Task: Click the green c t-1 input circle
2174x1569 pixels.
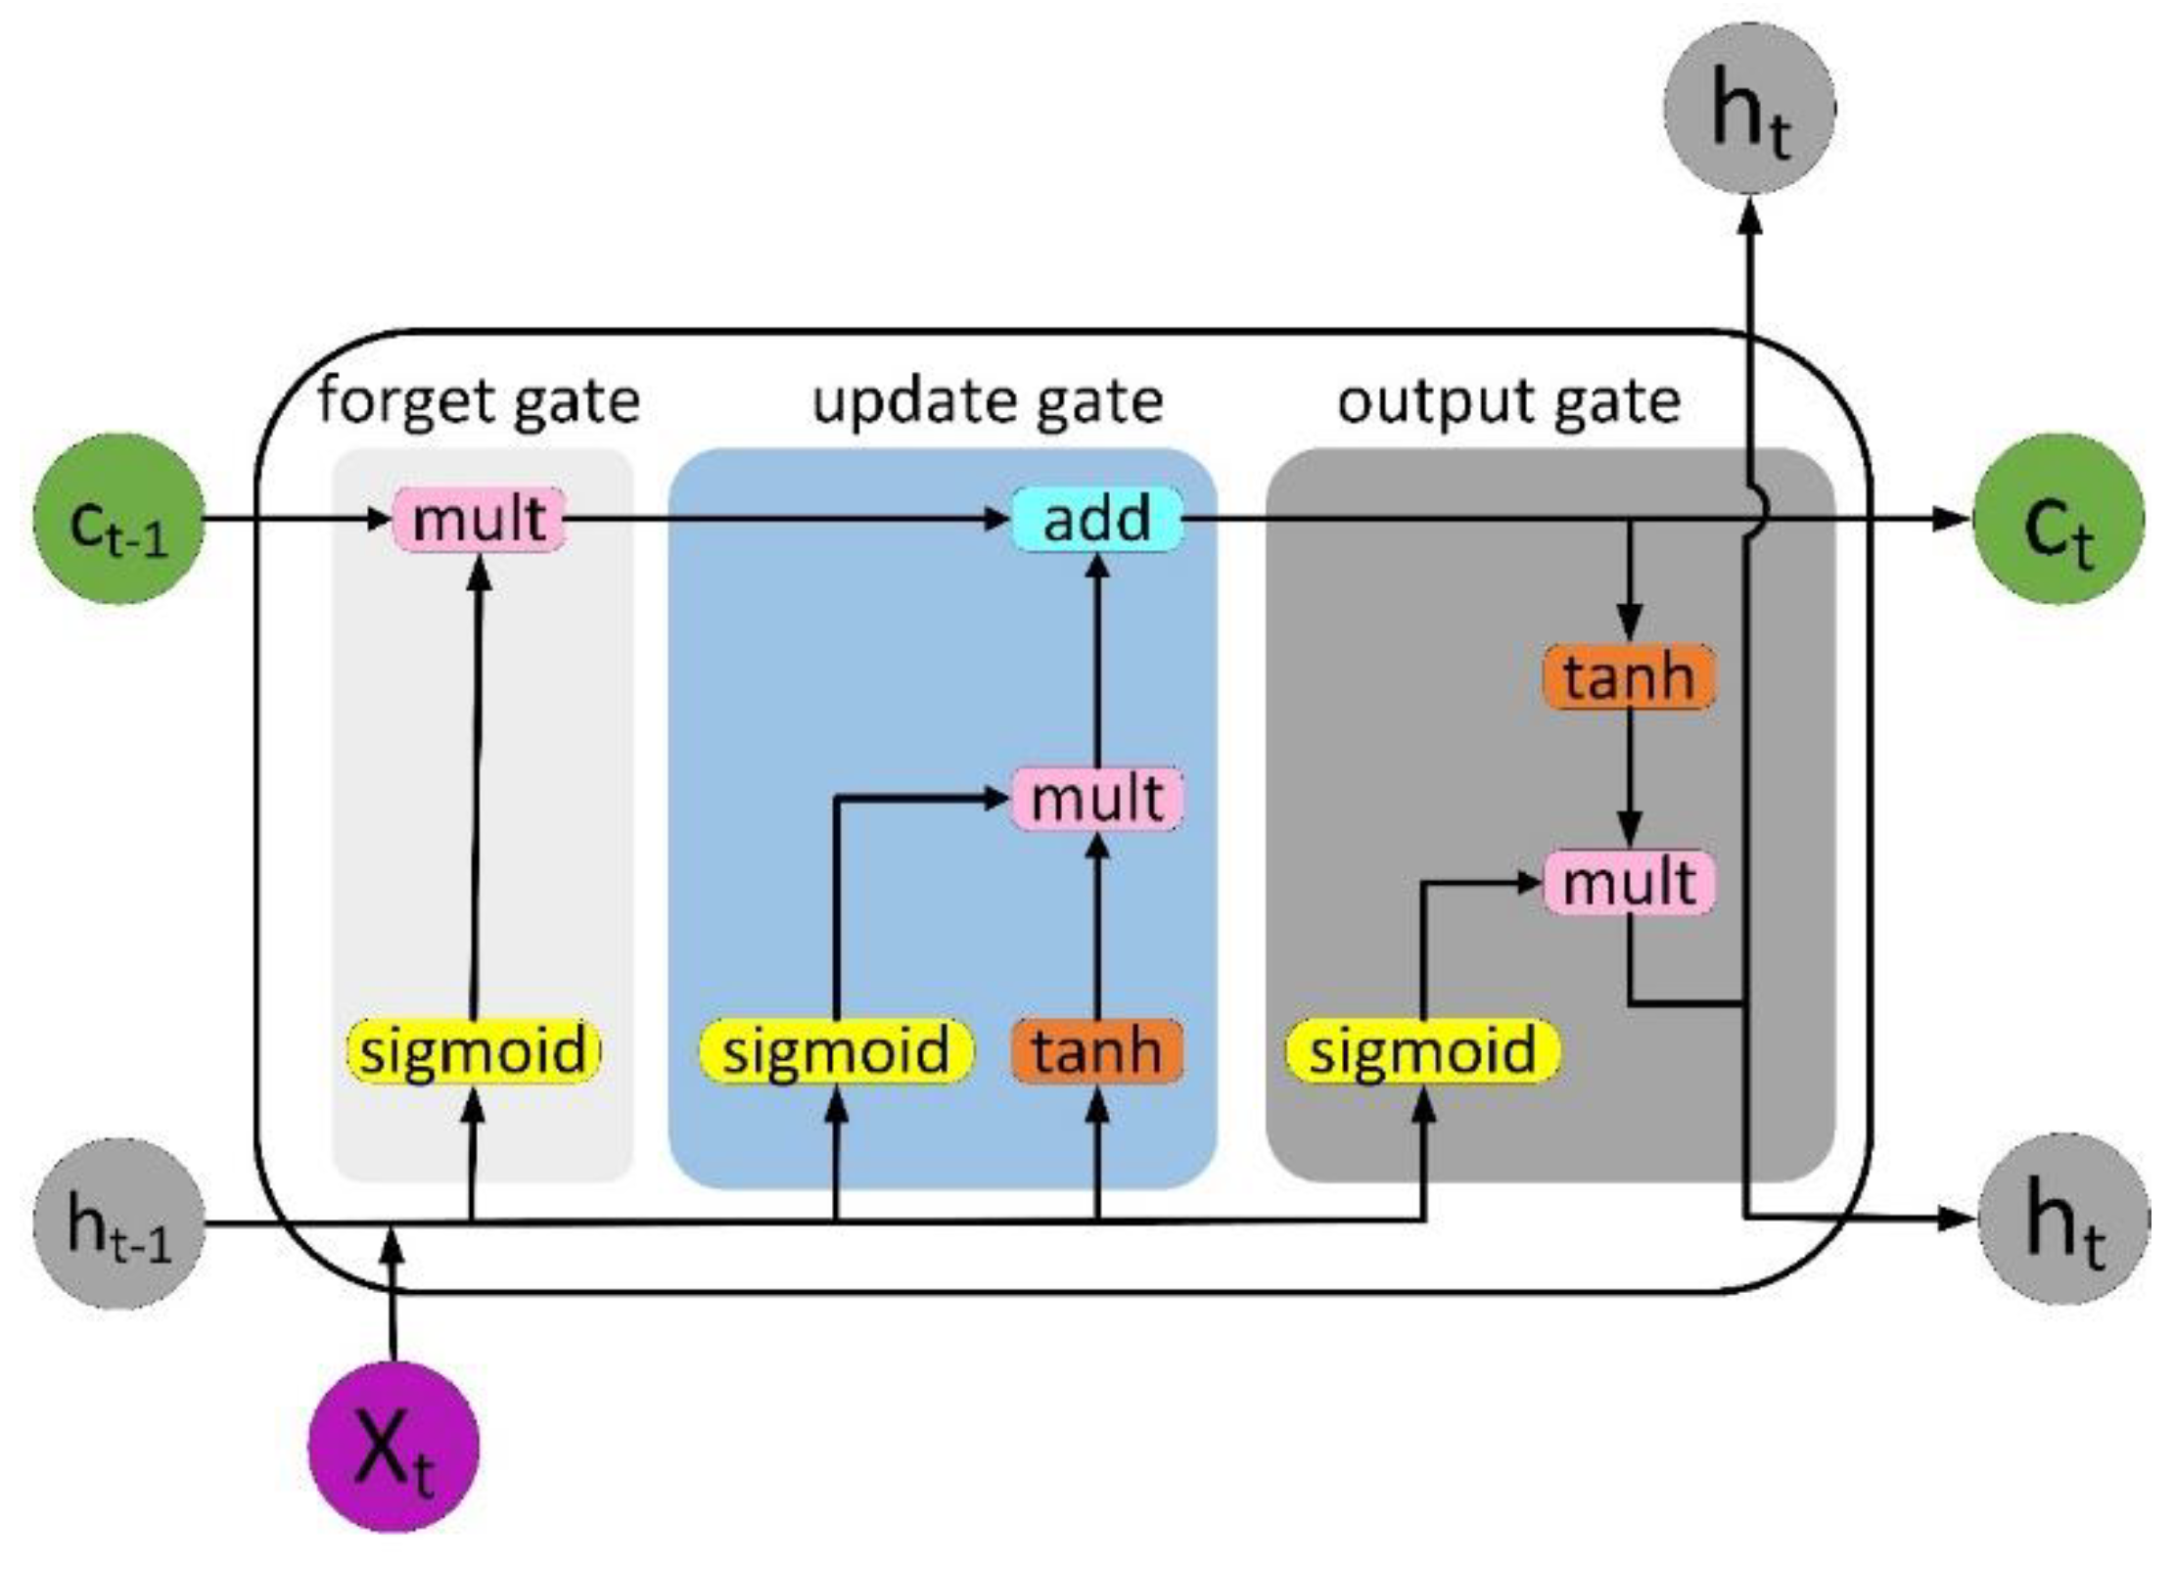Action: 118,519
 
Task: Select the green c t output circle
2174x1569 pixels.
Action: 2058,519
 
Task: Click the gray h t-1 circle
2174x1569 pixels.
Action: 118,1222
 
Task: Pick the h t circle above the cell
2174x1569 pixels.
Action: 1749,108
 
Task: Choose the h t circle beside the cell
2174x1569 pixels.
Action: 2063,1220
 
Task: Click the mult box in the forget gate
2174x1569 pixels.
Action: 479,519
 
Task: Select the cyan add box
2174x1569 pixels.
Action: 1096,519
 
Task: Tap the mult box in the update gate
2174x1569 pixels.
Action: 1096,799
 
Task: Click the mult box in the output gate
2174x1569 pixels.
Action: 1629,882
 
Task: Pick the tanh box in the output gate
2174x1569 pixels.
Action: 1629,676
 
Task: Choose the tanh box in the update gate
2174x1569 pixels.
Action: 1096,1051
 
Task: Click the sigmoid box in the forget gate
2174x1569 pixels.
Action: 474,1051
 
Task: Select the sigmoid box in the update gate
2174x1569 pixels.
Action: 836,1051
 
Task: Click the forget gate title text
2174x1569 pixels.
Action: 479,401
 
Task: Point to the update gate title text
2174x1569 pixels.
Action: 988,401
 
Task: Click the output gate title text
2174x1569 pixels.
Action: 1508,401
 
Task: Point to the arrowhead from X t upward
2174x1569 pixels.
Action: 393,1248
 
